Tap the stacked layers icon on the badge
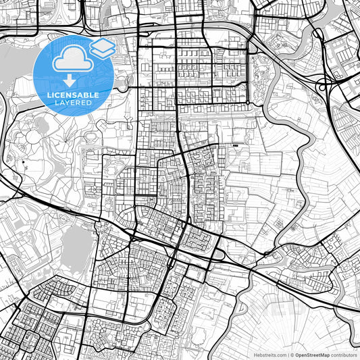click(103, 47)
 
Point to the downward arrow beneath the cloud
click(72, 82)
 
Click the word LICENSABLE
click(73, 95)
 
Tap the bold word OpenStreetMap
click(311, 353)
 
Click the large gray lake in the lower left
click(76, 243)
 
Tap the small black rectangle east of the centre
click(234, 146)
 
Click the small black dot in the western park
click(23, 163)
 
